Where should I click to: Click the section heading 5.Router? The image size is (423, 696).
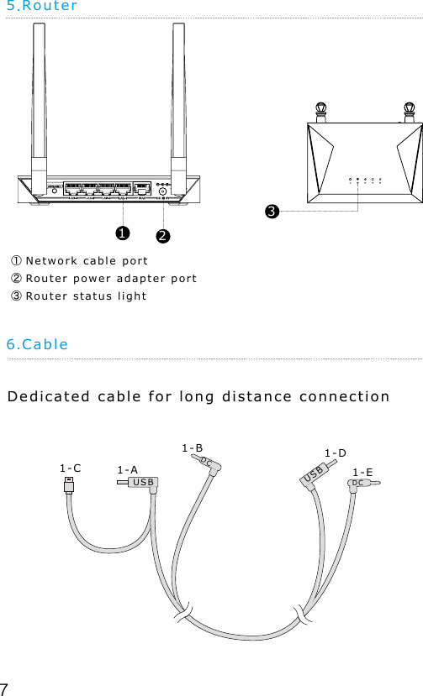(x=42, y=7)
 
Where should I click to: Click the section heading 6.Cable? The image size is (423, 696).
(x=37, y=344)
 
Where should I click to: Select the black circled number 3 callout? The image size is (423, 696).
(x=272, y=211)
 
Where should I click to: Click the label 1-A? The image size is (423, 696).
(x=128, y=469)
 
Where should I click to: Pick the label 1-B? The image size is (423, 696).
(x=193, y=449)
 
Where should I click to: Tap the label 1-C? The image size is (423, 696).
(x=71, y=468)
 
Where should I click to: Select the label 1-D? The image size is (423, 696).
(x=336, y=454)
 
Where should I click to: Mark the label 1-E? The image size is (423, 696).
(x=363, y=473)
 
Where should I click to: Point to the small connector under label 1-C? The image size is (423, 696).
(x=70, y=489)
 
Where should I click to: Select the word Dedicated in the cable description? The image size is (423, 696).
(x=46, y=396)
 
